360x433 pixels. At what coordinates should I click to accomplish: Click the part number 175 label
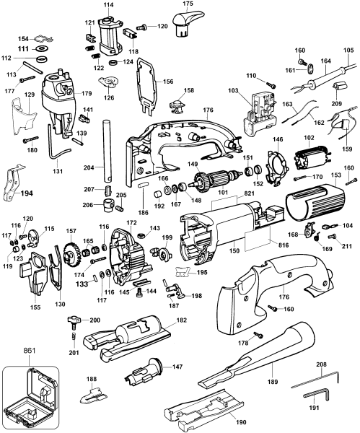coord(188,4)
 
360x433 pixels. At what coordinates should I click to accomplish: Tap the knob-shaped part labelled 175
coord(187,24)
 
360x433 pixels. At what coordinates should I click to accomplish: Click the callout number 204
coord(89,167)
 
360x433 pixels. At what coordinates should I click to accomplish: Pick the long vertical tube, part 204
coord(107,151)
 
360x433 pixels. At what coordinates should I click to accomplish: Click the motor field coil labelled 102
coord(312,159)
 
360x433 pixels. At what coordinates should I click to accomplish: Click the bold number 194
coord(27,193)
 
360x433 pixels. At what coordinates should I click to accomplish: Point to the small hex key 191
coord(315,394)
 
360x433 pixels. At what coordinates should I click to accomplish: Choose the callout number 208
coord(321,364)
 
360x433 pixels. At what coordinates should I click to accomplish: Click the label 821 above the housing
coord(250,193)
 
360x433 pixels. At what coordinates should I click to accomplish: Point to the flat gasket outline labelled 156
coord(147,86)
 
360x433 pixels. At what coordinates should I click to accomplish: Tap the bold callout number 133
coord(82,284)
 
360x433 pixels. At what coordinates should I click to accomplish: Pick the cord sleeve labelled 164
coord(328,78)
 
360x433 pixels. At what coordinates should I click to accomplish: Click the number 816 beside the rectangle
coord(284,245)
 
